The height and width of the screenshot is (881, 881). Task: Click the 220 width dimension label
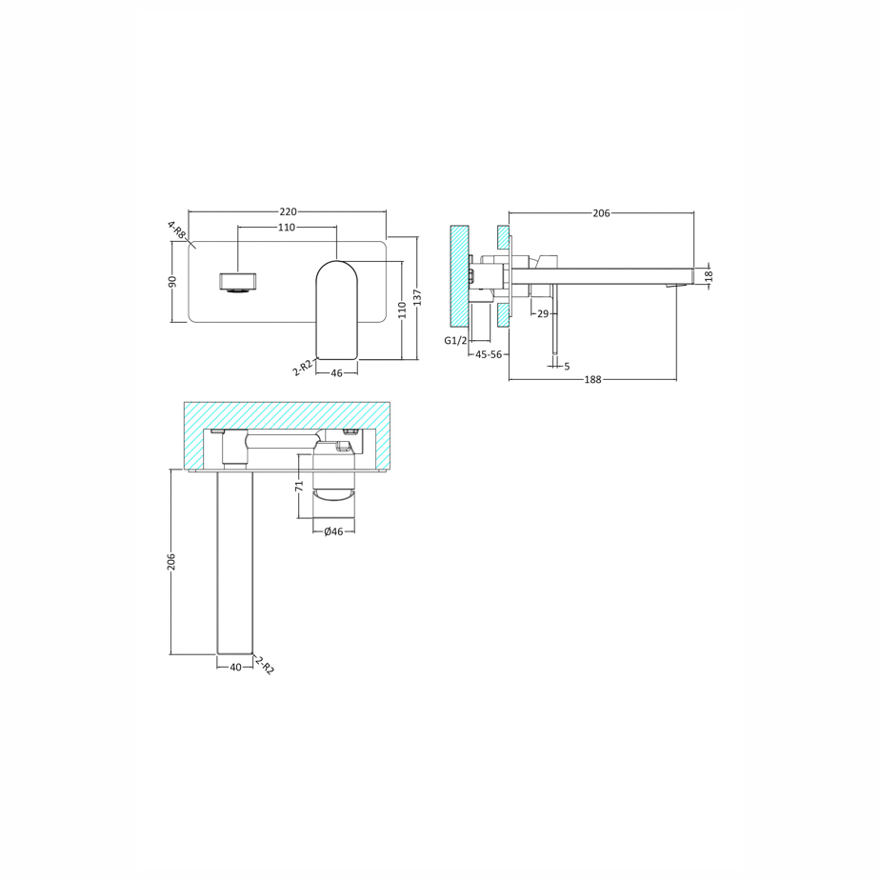pos(288,211)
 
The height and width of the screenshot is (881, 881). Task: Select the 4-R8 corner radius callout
pos(176,230)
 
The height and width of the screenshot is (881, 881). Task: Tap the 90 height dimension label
pos(172,281)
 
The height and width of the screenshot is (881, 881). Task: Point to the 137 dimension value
pos(417,296)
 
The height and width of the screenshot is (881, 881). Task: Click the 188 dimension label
pos(592,379)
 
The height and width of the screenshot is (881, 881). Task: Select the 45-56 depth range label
pos(489,354)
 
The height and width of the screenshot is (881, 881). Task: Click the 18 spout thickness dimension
pos(709,276)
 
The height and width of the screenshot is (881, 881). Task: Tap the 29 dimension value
pos(542,313)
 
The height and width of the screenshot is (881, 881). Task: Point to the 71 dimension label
pos(299,486)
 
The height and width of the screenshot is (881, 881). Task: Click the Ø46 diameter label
pos(333,531)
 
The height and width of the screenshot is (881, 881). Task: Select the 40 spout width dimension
pos(235,668)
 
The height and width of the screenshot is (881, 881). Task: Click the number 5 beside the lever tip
pos(567,366)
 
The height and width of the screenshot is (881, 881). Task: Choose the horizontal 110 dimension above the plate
pos(287,228)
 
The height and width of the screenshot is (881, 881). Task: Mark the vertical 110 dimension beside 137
pos(402,309)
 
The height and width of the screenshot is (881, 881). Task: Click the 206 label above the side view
pos(601,213)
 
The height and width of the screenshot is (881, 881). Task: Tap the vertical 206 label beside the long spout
pos(171,562)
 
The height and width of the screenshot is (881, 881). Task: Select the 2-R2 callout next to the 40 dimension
pos(265,664)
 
